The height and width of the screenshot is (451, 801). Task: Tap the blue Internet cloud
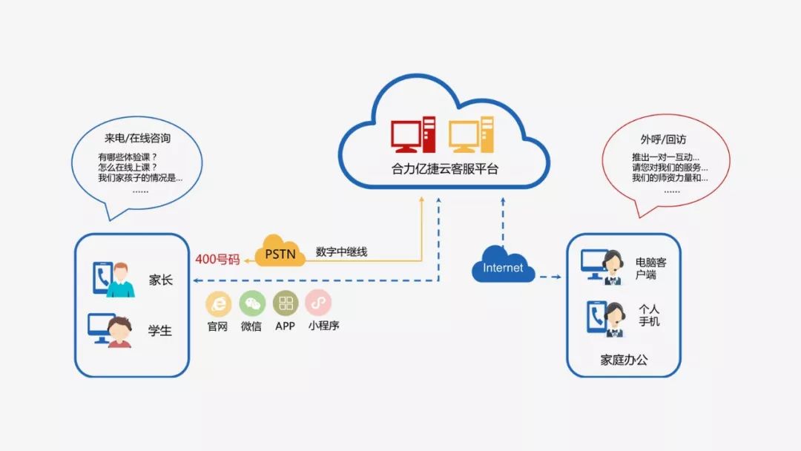click(503, 267)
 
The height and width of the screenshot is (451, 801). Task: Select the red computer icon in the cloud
click(413, 135)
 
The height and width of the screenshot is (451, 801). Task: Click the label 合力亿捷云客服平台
click(445, 168)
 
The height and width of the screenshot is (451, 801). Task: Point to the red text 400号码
click(217, 260)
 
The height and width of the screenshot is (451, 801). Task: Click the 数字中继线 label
click(341, 252)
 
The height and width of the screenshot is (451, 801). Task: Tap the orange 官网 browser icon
click(218, 303)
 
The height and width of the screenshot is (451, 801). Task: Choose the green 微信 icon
click(251, 303)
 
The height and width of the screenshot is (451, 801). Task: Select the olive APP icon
click(286, 303)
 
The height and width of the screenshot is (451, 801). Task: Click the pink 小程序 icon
click(318, 303)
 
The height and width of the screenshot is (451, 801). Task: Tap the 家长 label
click(160, 280)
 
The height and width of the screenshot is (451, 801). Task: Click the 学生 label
click(160, 331)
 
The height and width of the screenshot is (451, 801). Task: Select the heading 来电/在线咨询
click(139, 138)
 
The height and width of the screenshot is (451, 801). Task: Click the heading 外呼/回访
click(665, 139)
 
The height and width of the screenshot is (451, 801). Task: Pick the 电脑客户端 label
click(650, 269)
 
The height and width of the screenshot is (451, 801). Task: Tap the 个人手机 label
click(650, 315)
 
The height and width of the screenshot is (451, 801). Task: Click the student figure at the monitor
click(119, 331)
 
